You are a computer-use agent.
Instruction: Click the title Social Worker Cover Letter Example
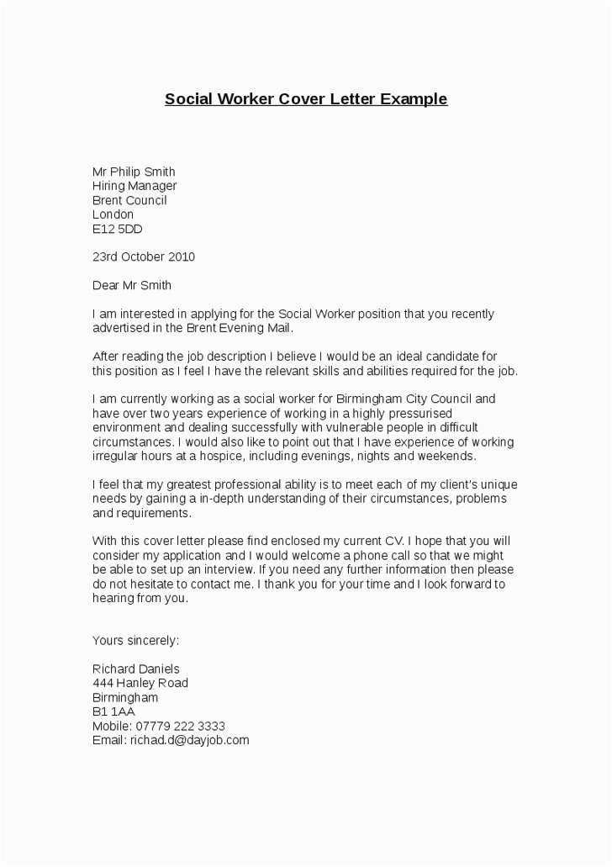tap(306, 99)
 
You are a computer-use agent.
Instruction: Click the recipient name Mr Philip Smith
tap(134, 172)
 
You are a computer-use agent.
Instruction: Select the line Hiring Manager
tap(135, 186)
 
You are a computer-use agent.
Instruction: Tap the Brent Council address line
tap(129, 200)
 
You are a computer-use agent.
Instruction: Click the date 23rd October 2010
tap(143, 256)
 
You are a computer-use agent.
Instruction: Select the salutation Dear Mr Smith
tap(131, 285)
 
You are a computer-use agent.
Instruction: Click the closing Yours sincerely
tap(135, 641)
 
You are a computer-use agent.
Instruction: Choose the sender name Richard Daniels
tap(135, 669)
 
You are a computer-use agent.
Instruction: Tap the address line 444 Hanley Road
tap(140, 684)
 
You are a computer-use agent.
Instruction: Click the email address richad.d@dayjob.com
tap(189, 740)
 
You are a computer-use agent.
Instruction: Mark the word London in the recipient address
tap(113, 214)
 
